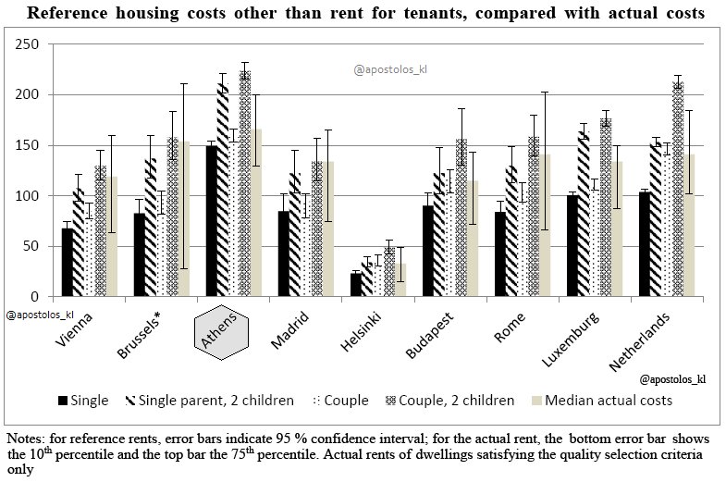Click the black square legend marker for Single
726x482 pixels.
[64, 402]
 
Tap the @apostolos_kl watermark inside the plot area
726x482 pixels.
[392, 68]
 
